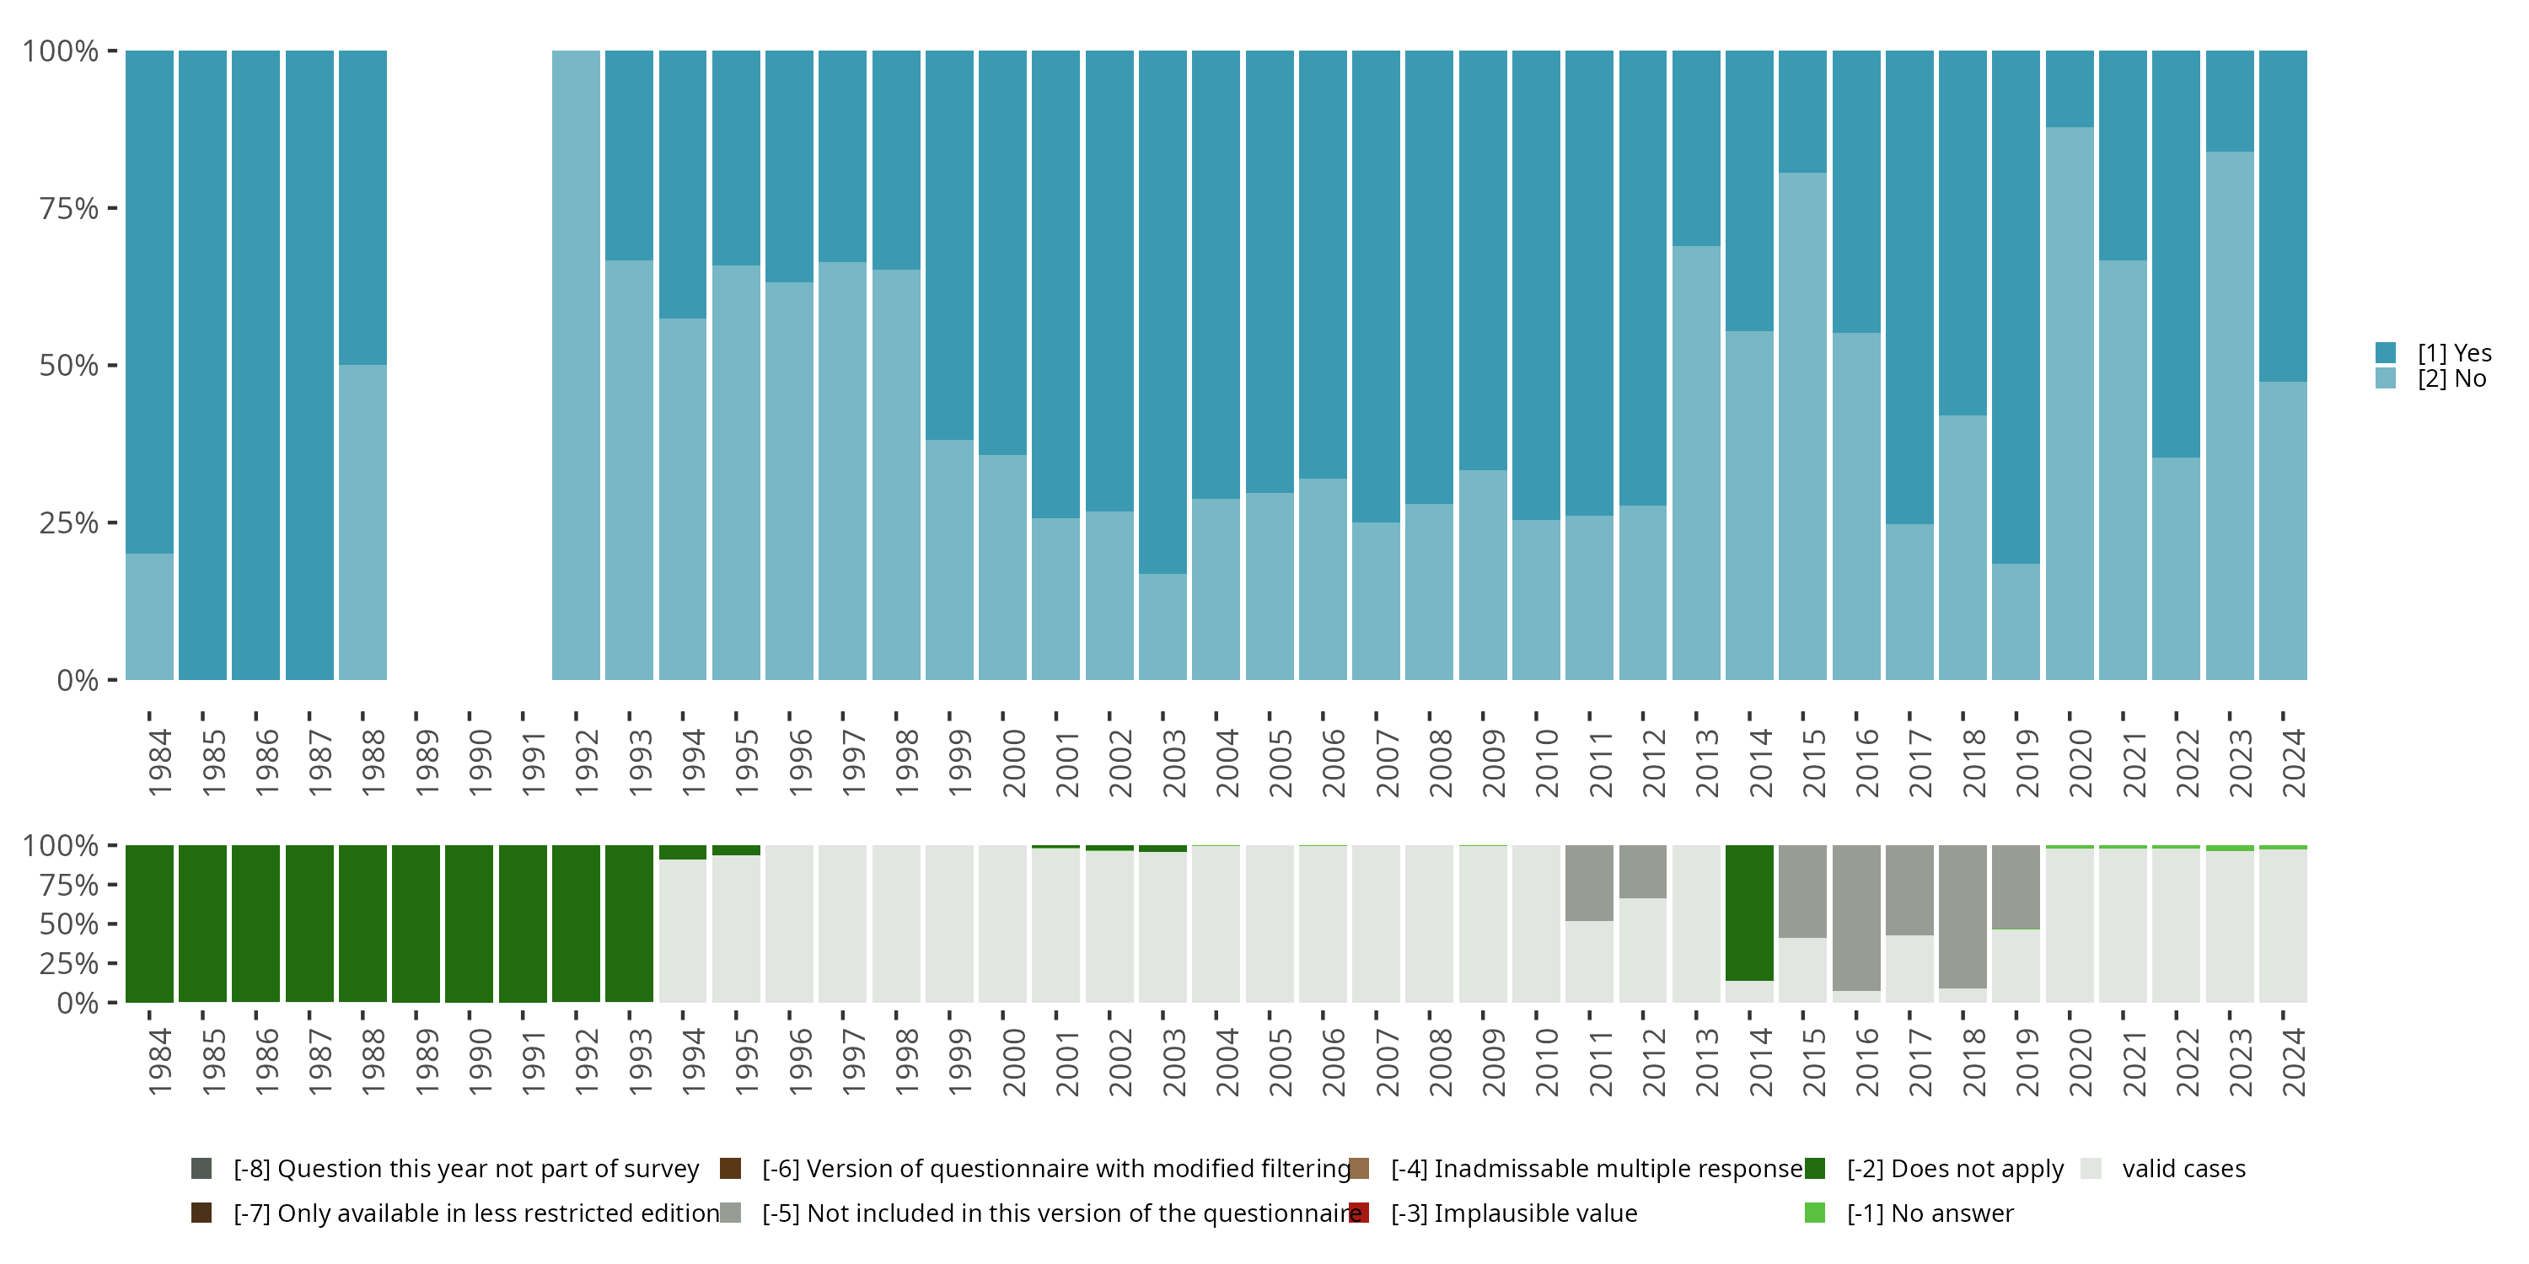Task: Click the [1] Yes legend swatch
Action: [x=2386, y=353]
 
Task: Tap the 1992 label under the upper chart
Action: [x=586, y=763]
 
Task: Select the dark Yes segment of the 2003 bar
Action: [x=1162, y=312]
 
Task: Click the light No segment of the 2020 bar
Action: [x=2070, y=402]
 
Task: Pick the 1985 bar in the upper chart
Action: [x=202, y=365]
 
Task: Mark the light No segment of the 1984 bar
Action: [x=149, y=616]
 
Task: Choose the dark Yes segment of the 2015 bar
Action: [x=1802, y=112]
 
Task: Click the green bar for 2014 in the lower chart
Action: [x=1749, y=913]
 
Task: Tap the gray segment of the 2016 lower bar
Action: [x=1856, y=918]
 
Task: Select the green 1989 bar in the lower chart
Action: [x=416, y=924]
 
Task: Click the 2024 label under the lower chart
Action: [x=2293, y=1062]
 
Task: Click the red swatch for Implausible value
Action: [x=1360, y=1213]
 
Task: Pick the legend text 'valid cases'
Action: [x=2183, y=1169]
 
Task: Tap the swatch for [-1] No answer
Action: [x=1815, y=1213]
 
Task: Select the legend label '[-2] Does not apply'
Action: [x=1955, y=1169]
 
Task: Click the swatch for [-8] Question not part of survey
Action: [x=201, y=1169]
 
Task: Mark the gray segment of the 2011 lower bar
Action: [x=1589, y=882]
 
